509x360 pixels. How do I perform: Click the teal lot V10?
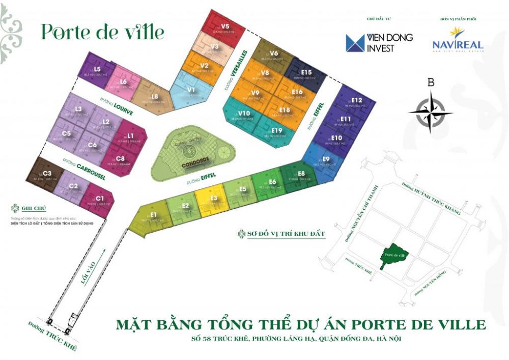(x=243, y=115)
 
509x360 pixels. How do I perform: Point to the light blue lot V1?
(x=190, y=92)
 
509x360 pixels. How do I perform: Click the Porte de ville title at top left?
(x=102, y=32)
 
